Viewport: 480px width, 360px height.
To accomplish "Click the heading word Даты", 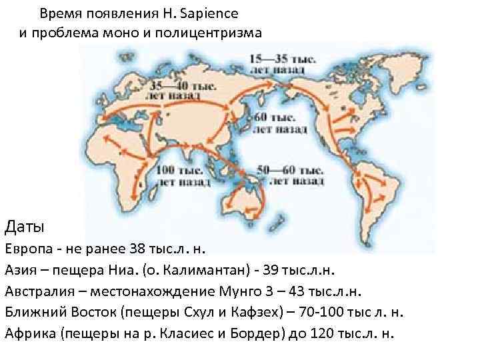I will coord(25,227).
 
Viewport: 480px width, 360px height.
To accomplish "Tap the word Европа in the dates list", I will coord(29,249).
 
